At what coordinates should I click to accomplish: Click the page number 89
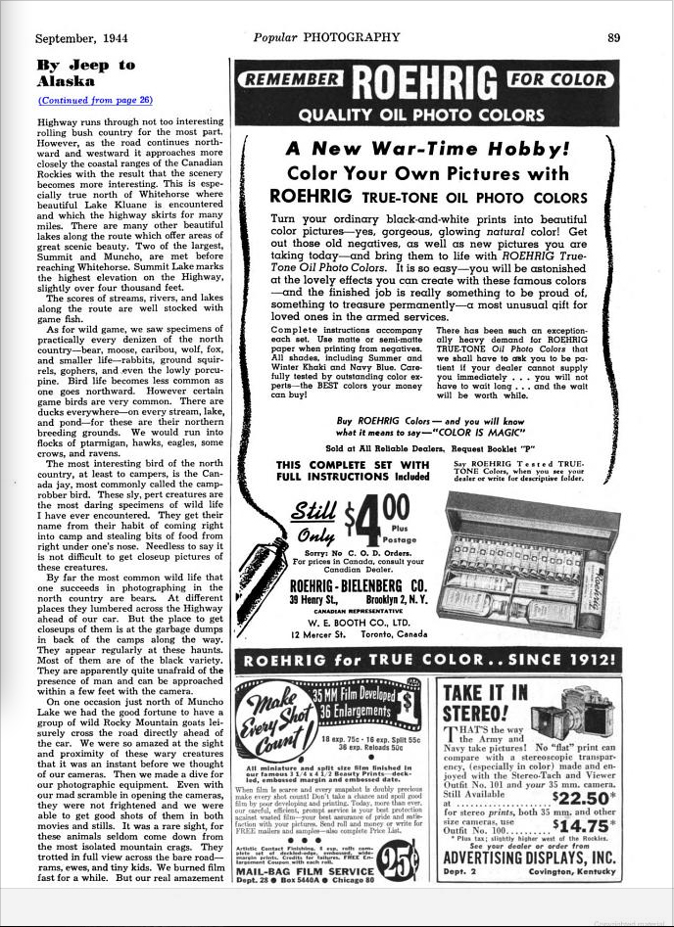613,38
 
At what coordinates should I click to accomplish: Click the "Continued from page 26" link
95,100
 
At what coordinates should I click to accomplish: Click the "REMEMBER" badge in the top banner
294,80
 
